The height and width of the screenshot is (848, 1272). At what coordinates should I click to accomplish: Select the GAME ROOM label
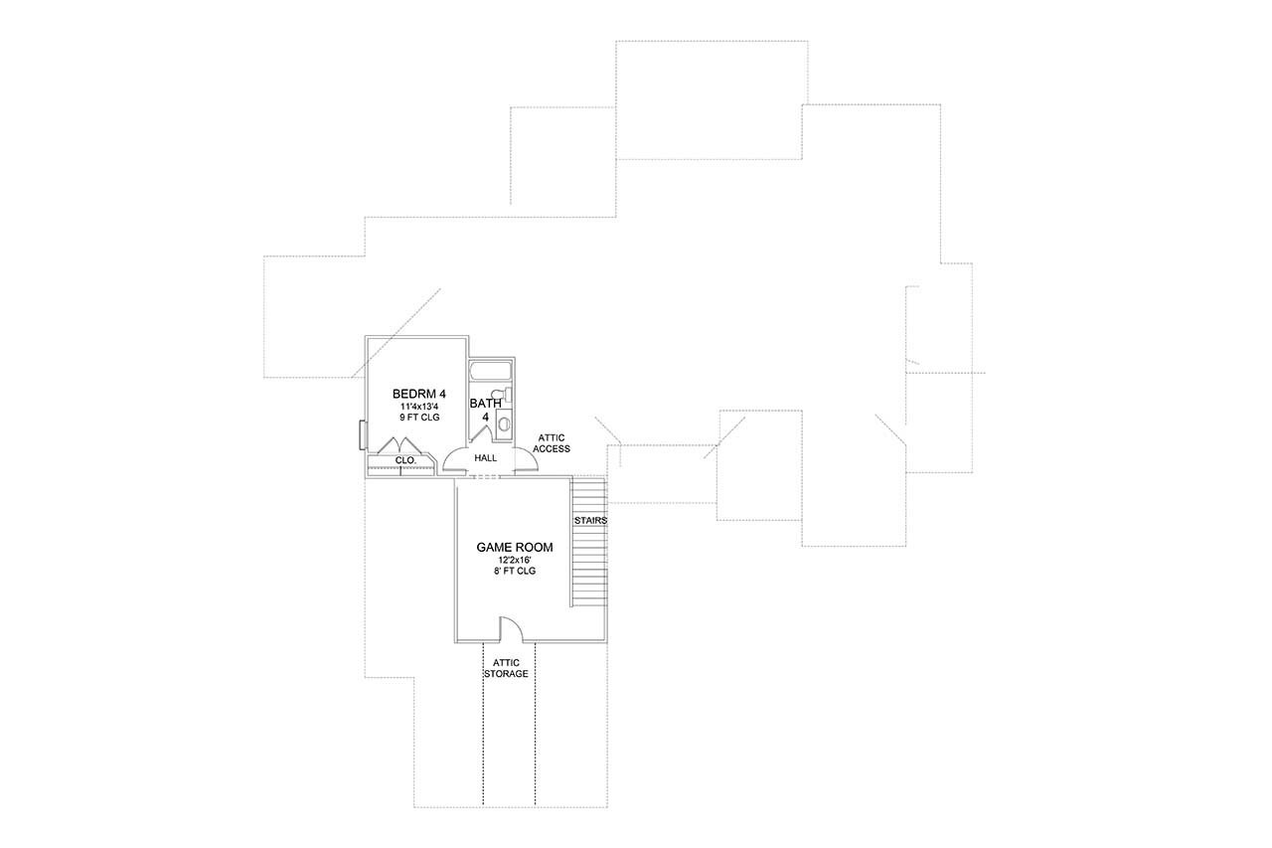tap(514, 547)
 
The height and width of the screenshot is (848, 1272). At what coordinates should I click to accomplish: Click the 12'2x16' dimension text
tap(514, 560)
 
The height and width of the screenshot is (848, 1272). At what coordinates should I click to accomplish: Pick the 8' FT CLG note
tap(514, 571)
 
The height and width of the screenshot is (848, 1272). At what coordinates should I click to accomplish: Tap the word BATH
tap(485, 403)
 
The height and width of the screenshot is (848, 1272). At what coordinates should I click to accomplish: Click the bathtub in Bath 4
tap(490, 371)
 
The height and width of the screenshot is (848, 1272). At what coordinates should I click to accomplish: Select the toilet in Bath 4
tap(500, 397)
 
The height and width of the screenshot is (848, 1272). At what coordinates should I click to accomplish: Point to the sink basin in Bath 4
tap(504, 424)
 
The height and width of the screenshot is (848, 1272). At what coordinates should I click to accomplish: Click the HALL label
tap(485, 458)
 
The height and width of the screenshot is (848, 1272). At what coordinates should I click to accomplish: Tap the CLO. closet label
tap(405, 460)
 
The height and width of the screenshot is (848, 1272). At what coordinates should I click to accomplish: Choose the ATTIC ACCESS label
tap(552, 443)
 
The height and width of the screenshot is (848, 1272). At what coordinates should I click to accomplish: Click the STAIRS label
tap(589, 520)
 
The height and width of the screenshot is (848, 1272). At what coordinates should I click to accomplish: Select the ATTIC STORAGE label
tap(506, 668)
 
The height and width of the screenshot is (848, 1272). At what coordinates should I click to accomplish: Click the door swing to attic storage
tap(510, 629)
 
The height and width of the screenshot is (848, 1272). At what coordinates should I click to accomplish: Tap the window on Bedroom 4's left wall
tap(363, 434)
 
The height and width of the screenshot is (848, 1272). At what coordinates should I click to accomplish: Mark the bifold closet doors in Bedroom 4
tap(401, 447)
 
